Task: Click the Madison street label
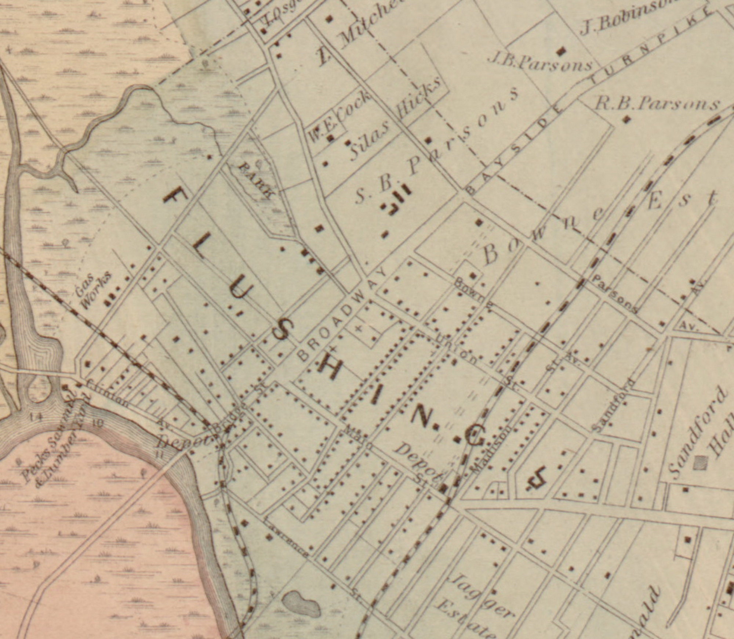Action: coord(490,450)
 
